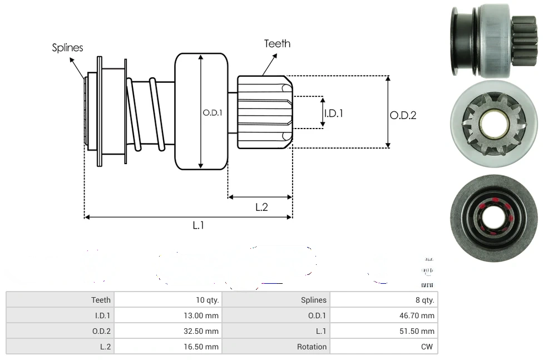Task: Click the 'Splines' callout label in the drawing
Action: [x=67, y=48]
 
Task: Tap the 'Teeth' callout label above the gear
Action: [x=277, y=43]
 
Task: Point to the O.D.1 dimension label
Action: [x=213, y=112]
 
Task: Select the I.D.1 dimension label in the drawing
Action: [x=333, y=113]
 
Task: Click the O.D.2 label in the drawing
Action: [x=403, y=115]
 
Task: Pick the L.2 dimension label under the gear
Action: [x=261, y=207]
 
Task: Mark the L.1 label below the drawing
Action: [x=199, y=225]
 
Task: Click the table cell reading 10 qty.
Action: [x=208, y=300]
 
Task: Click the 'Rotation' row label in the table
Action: [x=312, y=347]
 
